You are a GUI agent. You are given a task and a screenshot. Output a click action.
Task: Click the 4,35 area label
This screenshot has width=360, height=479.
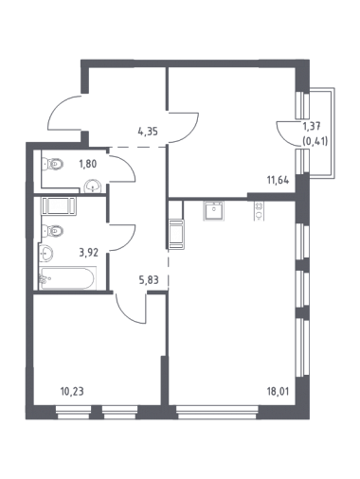point(148,131)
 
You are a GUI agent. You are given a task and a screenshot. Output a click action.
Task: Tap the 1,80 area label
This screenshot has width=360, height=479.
point(88,164)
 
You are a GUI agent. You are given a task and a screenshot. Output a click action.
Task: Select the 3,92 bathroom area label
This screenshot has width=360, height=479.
point(89,253)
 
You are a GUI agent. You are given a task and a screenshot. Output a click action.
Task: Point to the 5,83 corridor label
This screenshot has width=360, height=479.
point(149,279)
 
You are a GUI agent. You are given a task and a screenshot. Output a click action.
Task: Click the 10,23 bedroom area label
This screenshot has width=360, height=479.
point(72,392)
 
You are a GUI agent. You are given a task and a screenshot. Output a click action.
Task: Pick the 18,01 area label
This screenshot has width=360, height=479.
point(278,392)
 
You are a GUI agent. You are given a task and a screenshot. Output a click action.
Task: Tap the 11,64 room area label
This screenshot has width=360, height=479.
point(278,181)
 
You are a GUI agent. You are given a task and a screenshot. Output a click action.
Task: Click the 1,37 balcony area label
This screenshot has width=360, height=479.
point(312,127)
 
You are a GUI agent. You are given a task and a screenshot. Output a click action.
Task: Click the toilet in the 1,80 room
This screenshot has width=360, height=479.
point(53,164)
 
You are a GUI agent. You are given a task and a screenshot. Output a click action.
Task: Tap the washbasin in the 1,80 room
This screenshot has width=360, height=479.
point(93,186)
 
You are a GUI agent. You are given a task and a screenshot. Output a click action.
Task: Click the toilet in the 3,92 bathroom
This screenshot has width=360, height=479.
point(53,231)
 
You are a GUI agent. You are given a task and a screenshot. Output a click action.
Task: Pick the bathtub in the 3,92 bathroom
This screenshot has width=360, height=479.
point(67,278)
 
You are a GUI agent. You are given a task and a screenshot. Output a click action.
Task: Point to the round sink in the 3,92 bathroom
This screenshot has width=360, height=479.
point(46,254)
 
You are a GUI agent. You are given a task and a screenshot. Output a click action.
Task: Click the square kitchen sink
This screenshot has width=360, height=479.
point(213,210)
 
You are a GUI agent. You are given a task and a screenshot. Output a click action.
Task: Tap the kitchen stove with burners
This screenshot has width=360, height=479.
point(259,211)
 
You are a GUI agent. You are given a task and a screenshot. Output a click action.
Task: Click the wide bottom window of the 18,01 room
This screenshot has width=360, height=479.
point(217,413)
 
